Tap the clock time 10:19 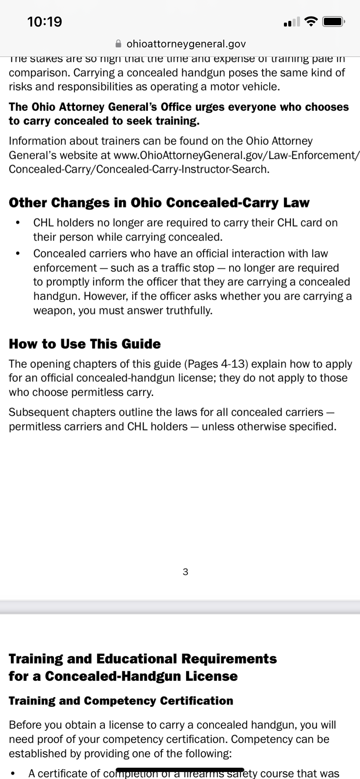pos(44,22)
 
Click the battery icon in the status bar pos(334,21)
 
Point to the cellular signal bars pos(291,22)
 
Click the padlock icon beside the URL pos(118,44)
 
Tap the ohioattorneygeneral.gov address pos(186,44)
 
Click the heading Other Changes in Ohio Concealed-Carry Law pos(159,203)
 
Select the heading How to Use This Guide pos(85,344)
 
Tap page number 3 pos(186,572)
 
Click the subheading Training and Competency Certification pos(121,701)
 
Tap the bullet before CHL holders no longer pos(17,223)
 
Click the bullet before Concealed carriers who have pos(17,253)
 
